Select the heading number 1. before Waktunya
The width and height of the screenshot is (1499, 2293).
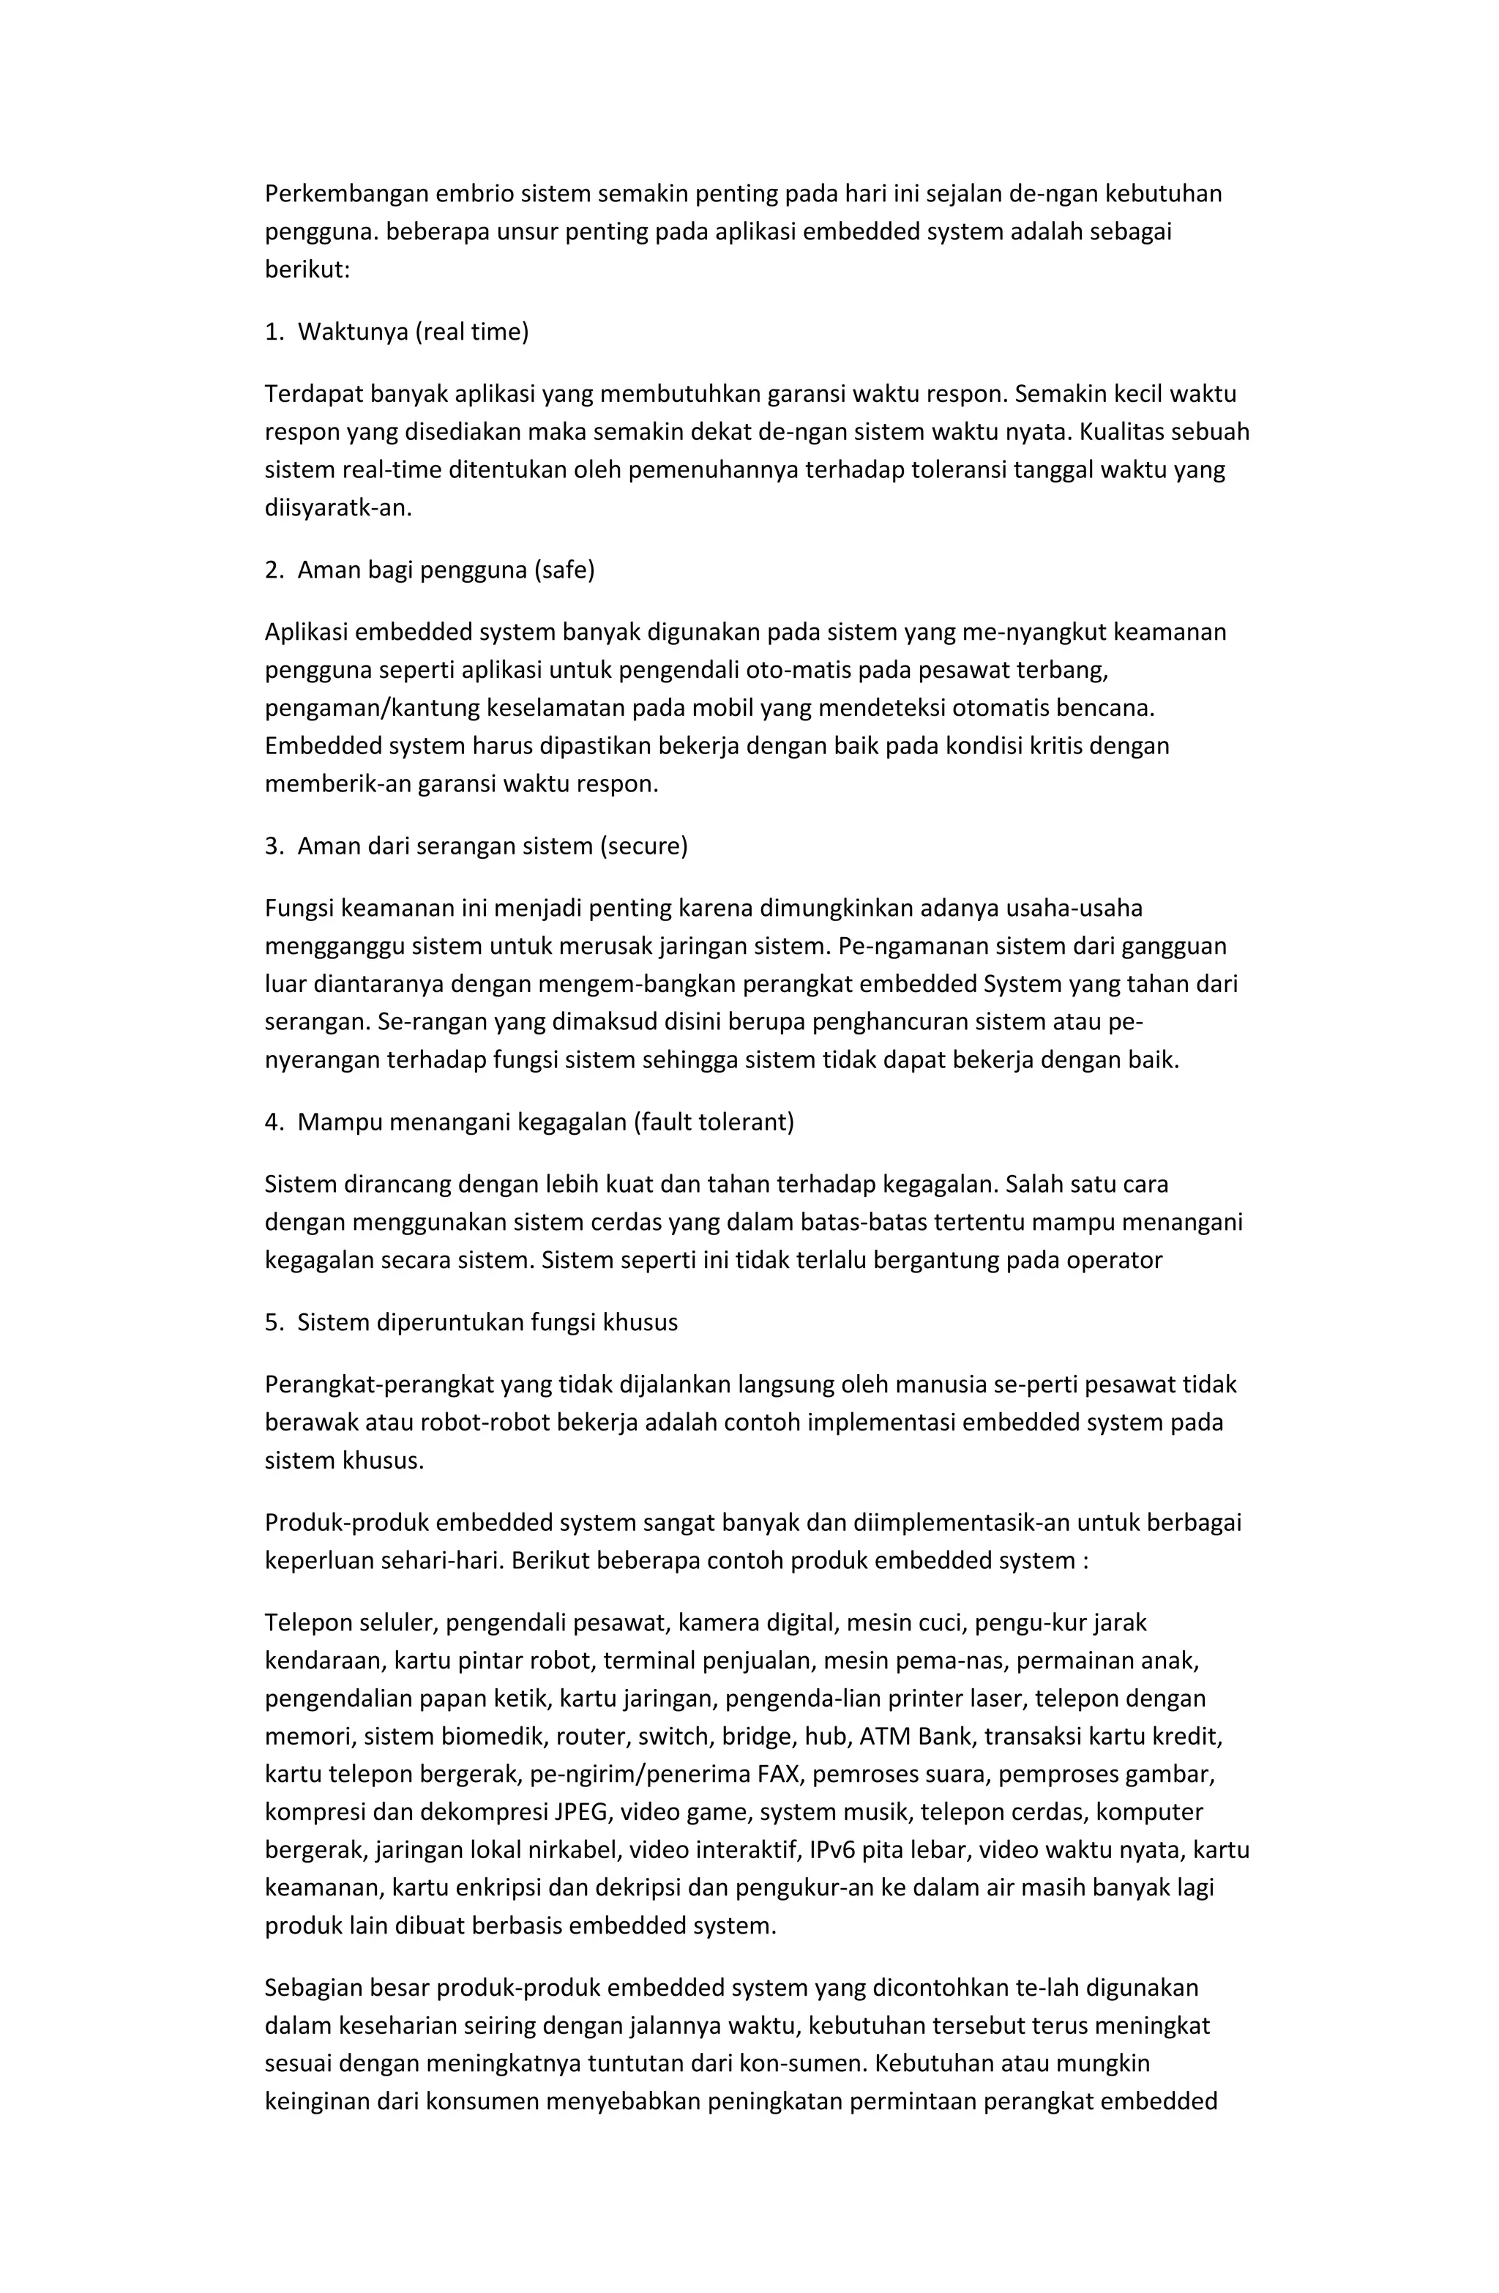pos(274,332)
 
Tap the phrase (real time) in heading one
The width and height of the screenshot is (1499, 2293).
pos(472,332)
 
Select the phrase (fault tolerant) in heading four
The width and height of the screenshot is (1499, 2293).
pos(714,1122)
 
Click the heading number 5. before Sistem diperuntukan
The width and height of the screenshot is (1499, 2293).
pos(274,1323)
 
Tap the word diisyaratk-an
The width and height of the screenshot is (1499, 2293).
pos(338,508)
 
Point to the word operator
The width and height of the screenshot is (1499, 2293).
pos(1118,1260)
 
